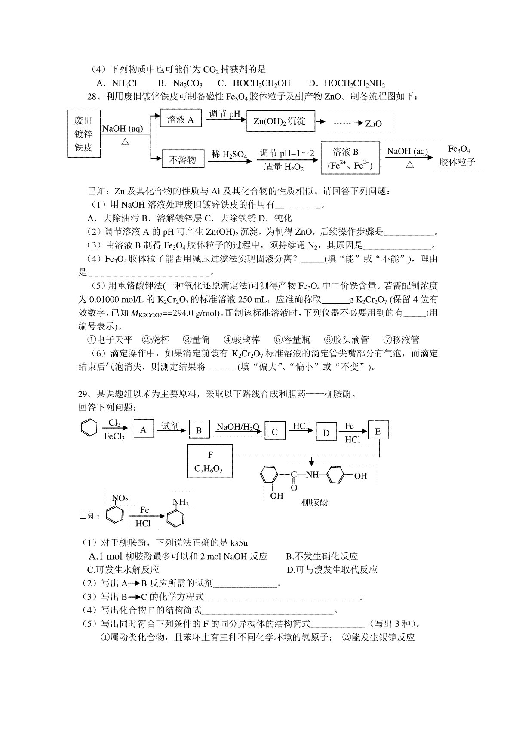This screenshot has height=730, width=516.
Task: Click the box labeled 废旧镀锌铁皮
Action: click(x=84, y=133)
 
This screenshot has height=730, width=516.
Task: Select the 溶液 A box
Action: click(x=180, y=120)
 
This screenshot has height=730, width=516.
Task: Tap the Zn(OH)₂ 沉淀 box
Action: click(x=280, y=121)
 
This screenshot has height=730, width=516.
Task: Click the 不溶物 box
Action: click(x=182, y=160)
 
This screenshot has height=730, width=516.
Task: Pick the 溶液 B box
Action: click(x=350, y=158)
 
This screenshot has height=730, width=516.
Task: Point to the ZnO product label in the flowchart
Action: click(x=373, y=124)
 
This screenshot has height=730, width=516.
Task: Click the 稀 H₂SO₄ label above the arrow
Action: click(x=229, y=154)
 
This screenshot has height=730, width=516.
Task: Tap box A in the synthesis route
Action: click(x=143, y=429)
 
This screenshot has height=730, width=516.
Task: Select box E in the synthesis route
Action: click(x=378, y=431)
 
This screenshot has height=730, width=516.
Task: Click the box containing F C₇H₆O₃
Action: click(x=210, y=461)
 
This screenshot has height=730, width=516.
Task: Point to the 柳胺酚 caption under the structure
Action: click(x=315, y=502)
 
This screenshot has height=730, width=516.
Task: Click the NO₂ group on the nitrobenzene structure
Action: click(x=120, y=498)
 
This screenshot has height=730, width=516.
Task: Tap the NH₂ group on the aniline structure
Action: click(x=181, y=502)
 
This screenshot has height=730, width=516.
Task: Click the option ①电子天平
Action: click(x=110, y=340)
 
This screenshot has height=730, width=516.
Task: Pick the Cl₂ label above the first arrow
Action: click(x=114, y=423)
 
